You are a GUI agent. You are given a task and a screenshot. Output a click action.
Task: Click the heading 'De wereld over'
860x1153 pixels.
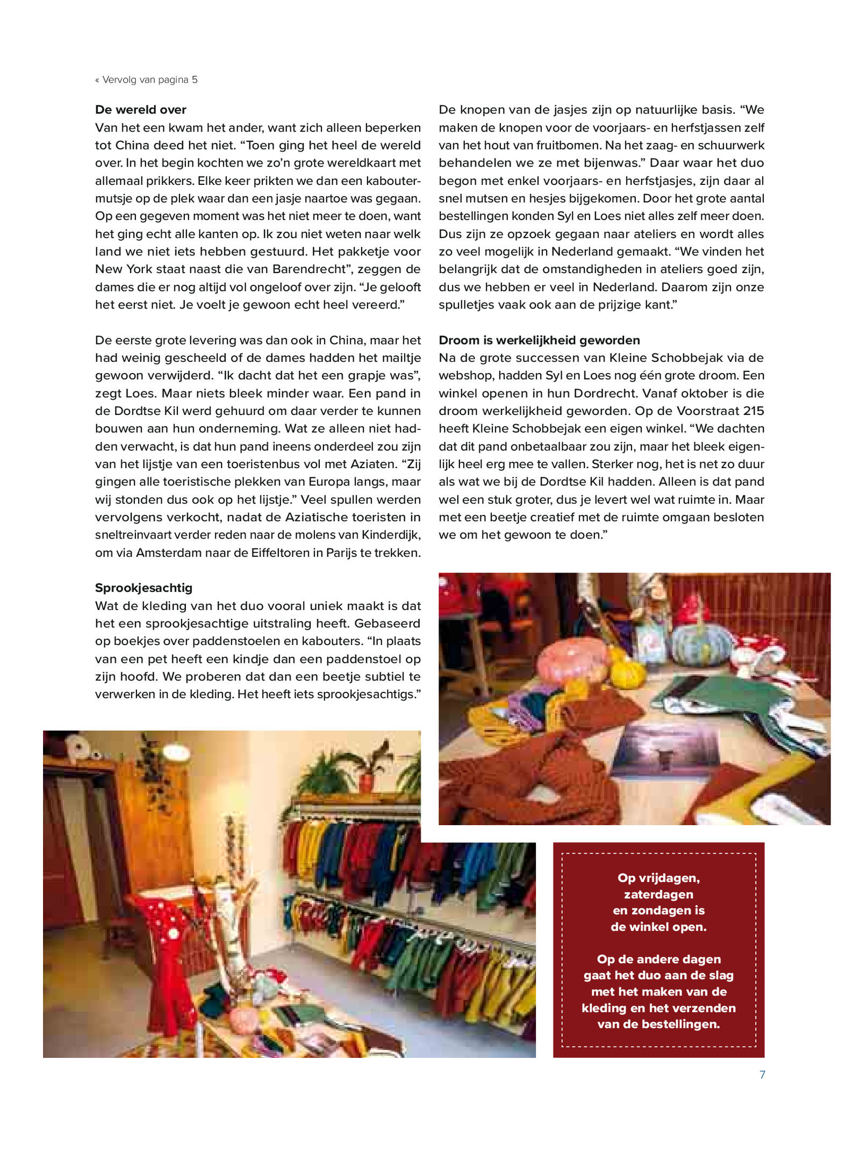tap(140, 110)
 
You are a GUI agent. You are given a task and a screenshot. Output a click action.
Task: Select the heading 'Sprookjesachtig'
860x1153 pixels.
tap(144, 588)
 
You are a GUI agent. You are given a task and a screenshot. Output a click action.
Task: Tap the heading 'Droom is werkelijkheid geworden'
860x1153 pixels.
tap(539, 340)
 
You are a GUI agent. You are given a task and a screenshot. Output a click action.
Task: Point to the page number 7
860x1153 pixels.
tap(762, 1074)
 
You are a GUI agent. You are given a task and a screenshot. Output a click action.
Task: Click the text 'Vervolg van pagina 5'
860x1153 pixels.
tap(149, 80)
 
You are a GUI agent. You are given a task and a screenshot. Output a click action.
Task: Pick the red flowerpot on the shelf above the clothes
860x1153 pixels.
tap(367, 782)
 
